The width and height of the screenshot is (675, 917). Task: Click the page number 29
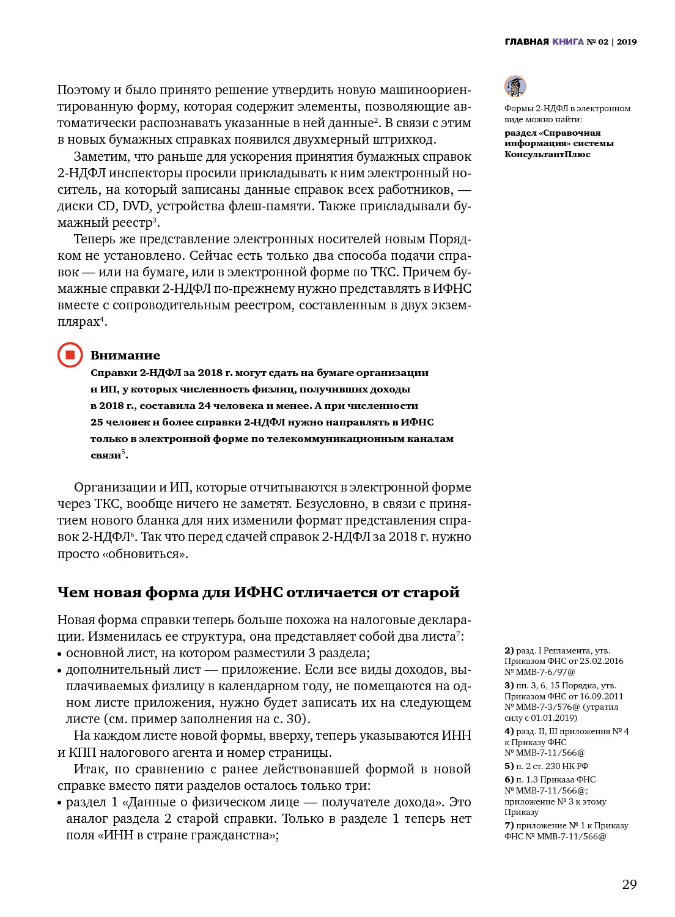629,884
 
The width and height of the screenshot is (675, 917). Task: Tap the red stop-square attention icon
70,355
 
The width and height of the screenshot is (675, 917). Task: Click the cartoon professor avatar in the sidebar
515,86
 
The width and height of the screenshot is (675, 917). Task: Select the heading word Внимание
125,355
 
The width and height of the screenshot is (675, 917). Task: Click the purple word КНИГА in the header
568,42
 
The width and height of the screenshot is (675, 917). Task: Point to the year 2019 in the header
627,42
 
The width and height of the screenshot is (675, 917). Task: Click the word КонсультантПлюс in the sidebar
547,154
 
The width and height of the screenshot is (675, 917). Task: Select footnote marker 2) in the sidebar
509,650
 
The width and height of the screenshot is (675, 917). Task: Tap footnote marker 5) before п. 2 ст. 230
509,766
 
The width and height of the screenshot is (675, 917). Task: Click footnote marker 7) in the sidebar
509,825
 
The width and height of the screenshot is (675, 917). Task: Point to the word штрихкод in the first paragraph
404,139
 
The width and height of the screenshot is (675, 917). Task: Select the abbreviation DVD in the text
136,206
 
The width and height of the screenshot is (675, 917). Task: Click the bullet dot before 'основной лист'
60,654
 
